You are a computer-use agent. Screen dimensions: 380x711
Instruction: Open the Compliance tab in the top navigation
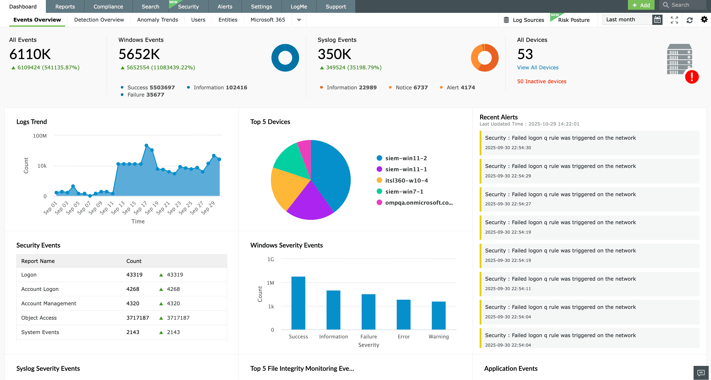pyautogui.click(x=108, y=7)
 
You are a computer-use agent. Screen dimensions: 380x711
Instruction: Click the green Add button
pyautogui.click(x=641, y=5)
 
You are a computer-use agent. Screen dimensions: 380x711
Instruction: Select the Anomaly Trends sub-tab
pyautogui.click(x=157, y=20)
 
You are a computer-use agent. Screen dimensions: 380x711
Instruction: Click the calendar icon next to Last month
pyautogui.click(x=657, y=20)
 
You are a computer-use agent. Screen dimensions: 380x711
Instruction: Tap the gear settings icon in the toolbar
pyautogui.click(x=704, y=20)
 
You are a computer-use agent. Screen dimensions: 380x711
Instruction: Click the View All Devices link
pyautogui.click(x=537, y=68)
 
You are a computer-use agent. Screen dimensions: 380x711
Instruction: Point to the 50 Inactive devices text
pyautogui.click(x=541, y=81)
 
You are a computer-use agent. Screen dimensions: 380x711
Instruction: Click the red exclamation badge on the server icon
pyautogui.click(x=692, y=77)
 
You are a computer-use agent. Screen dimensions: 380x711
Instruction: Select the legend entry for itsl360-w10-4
pyautogui.click(x=406, y=180)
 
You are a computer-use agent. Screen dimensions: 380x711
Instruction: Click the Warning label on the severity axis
pyautogui.click(x=438, y=336)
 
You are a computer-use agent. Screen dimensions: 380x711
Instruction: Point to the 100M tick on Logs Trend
pyautogui.click(x=40, y=136)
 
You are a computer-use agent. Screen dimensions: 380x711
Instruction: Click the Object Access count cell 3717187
pyautogui.click(x=137, y=318)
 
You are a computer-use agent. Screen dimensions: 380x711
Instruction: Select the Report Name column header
pyautogui.click(x=38, y=261)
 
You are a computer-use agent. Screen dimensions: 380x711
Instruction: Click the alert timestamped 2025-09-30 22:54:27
pyautogui.click(x=560, y=199)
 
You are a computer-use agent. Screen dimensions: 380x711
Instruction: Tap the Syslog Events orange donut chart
pyautogui.click(x=485, y=58)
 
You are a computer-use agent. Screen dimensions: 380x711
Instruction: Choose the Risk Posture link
pyautogui.click(x=574, y=20)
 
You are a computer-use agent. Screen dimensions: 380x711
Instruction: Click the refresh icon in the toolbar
pyautogui.click(x=689, y=20)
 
